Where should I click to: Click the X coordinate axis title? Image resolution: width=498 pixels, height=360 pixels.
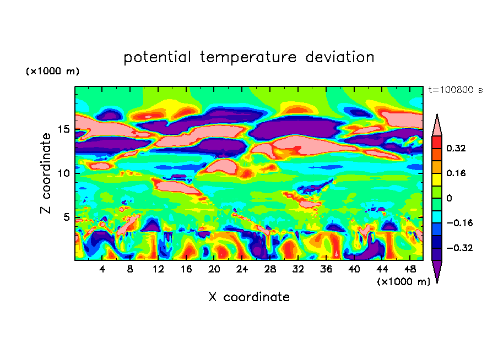(x=249, y=297)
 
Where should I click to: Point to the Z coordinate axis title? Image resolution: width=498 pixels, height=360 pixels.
(x=46, y=173)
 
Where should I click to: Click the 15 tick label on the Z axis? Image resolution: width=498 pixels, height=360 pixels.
(x=64, y=129)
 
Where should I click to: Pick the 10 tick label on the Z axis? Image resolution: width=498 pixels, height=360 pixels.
(x=64, y=173)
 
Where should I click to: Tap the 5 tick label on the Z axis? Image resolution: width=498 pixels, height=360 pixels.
(x=67, y=217)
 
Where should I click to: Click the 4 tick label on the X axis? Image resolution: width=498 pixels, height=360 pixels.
(x=102, y=269)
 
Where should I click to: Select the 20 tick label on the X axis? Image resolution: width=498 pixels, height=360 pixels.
(x=214, y=269)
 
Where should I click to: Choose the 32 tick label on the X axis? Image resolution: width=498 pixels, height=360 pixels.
(x=297, y=269)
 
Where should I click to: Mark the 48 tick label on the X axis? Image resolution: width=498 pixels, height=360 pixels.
(x=409, y=269)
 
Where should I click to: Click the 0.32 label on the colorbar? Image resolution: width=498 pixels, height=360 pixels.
(x=457, y=148)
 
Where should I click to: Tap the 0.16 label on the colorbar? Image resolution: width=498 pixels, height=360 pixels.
(x=457, y=173)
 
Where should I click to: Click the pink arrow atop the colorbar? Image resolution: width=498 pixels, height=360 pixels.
(x=437, y=126)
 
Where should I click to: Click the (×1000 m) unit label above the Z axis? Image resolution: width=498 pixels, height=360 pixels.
(x=52, y=72)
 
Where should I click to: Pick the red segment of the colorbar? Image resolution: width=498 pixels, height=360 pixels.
(x=437, y=141)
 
